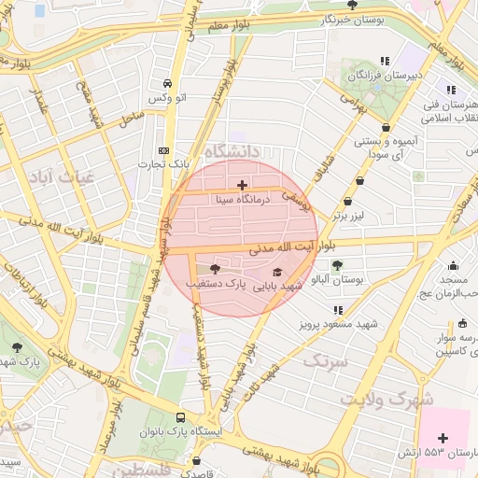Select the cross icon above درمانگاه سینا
(244, 185)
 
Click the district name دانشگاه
(243, 151)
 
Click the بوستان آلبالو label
(341, 279)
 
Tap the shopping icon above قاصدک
(196, 460)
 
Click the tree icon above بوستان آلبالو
(337, 265)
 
